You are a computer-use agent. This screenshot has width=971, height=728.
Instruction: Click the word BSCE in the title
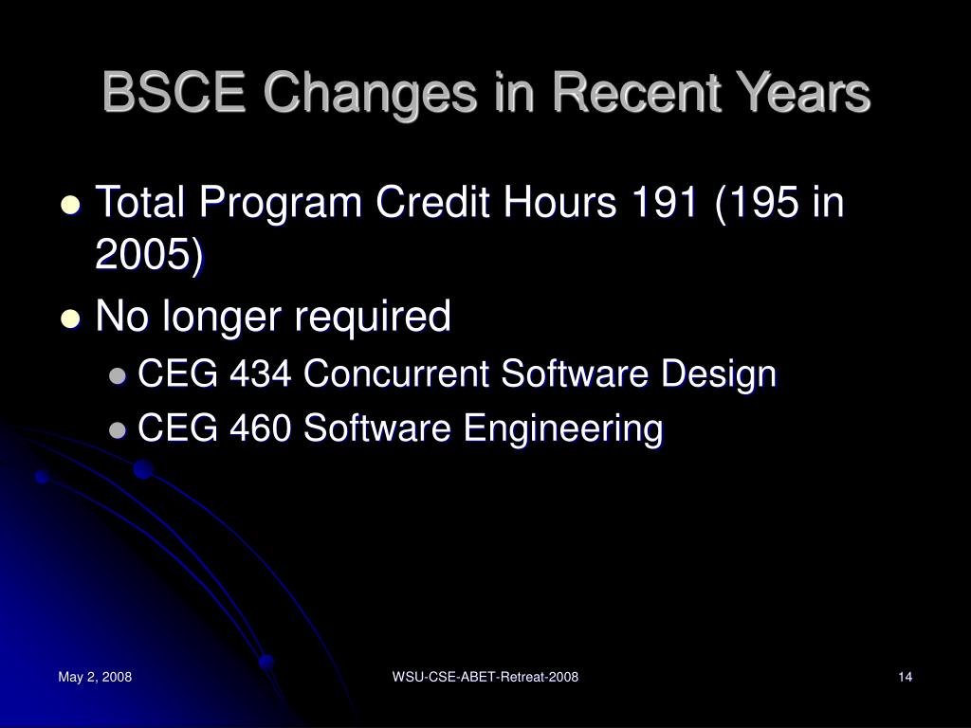point(174,93)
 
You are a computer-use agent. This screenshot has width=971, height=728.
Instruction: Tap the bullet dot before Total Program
point(71,205)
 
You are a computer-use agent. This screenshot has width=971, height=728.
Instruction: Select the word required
point(372,317)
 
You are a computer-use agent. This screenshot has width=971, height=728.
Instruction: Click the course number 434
point(260,373)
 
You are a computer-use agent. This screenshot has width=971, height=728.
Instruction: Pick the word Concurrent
point(396,373)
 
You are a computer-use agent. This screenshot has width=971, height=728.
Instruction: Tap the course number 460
point(260,428)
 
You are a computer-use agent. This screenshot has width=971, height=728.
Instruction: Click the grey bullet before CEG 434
point(117,375)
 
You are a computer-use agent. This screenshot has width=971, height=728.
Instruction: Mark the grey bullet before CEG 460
point(117,430)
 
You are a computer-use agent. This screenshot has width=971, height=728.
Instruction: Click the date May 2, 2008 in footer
point(95,677)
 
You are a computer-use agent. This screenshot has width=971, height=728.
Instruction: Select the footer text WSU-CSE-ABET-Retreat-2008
point(485,677)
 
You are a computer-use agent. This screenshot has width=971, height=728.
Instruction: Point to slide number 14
point(906,677)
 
